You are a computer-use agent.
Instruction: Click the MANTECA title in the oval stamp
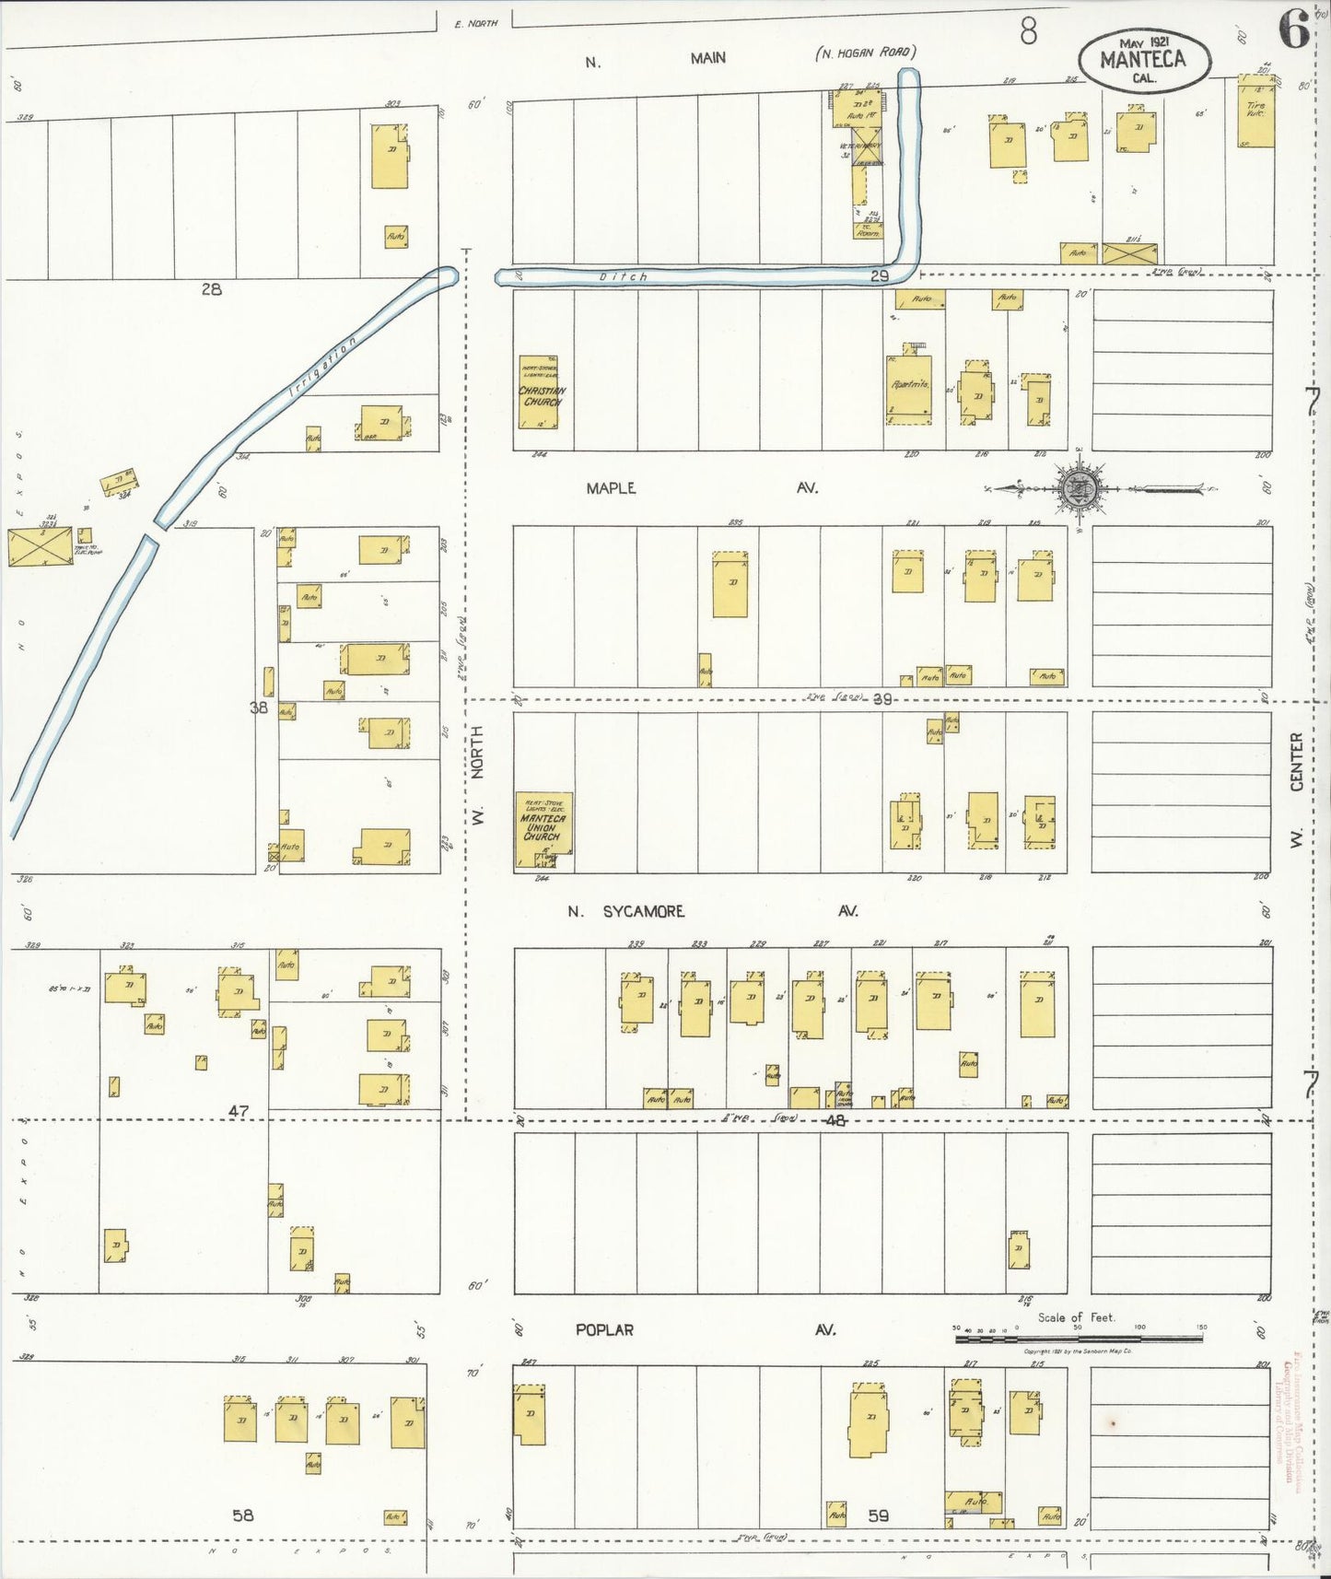[1143, 61]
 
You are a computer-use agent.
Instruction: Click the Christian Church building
[540, 394]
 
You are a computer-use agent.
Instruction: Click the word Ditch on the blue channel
[624, 276]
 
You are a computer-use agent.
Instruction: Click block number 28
[212, 289]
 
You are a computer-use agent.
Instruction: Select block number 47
[239, 1112]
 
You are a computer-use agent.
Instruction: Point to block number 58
[242, 1515]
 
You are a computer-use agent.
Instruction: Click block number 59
[878, 1515]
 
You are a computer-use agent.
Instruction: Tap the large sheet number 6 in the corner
[1293, 33]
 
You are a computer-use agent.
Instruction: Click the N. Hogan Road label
[866, 53]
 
